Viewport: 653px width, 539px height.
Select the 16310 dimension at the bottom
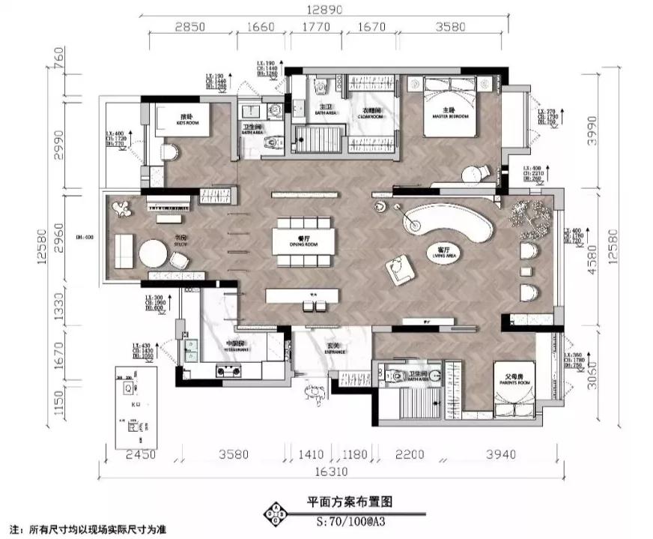tap(327, 473)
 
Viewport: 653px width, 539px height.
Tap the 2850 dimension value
tap(190, 27)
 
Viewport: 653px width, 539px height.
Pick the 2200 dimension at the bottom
tap(409, 454)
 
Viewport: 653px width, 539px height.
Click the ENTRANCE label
tap(335, 351)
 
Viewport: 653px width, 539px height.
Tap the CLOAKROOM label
tap(370, 116)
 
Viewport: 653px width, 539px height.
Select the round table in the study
tap(153, 253)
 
